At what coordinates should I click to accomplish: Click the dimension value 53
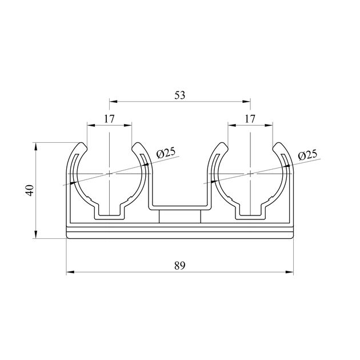pos(179,95)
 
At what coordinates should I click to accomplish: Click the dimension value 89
pos(179,266)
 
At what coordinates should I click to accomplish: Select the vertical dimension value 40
pos(30,190)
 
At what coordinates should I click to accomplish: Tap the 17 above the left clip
pos(109,119)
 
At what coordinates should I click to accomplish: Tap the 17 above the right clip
pos(250,119)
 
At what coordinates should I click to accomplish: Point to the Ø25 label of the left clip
pos(166,153)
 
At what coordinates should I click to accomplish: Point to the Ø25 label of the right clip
pos(307,155)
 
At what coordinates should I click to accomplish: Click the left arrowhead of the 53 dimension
pos(113,101)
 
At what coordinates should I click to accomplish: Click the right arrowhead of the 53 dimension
pos(246,101)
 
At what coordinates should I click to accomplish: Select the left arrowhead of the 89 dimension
pos(70,272)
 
